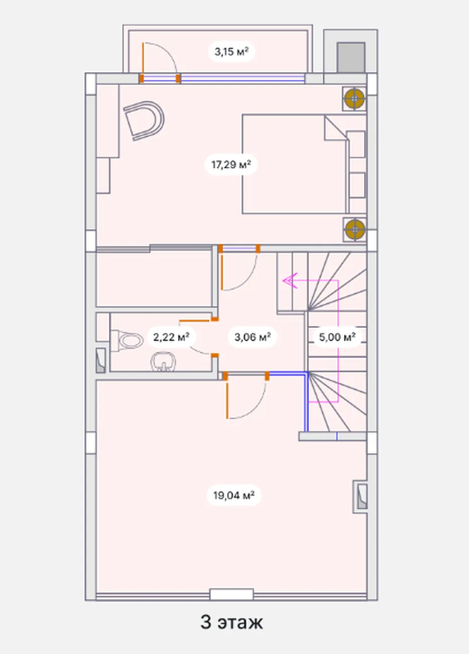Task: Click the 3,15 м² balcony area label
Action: coord(231,52)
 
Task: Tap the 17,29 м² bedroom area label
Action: coord(231,165)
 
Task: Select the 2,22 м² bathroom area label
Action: coord(172,337)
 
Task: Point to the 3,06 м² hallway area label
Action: coord(253,337)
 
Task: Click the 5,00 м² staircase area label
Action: coord(337,337)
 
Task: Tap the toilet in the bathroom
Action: coord(127,340)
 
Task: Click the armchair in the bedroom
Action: coord(144,121)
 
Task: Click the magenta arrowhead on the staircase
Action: coord(290,281)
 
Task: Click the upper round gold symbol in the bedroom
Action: coord(354,99)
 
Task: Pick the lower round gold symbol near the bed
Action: coord(355,229)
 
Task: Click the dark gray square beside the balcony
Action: coord(351,57)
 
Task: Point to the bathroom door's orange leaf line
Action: coord(194,320)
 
